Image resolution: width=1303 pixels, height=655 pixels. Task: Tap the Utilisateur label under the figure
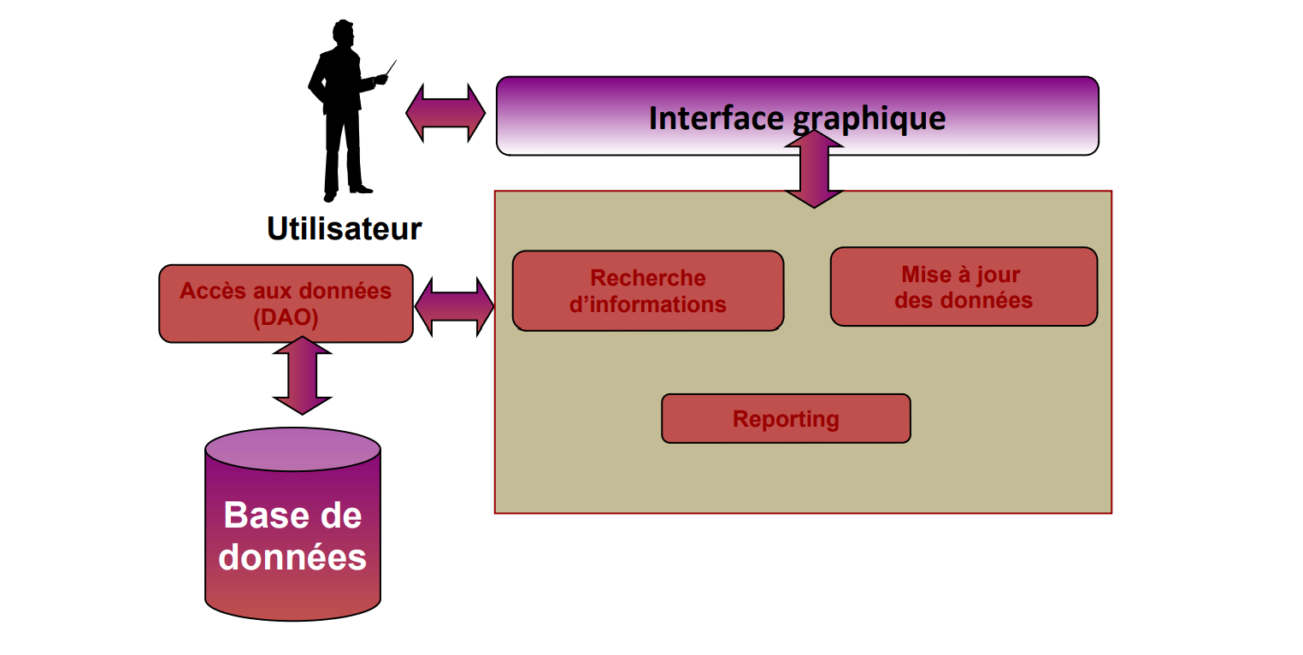tap(344, 228)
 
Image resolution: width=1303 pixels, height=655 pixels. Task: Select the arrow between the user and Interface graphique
tap(445, 113)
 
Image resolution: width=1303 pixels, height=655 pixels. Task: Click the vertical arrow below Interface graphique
tap(814, 169)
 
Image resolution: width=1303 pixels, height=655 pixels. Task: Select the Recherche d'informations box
tap(647, 291)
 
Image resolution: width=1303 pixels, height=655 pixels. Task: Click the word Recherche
tap(647, 278)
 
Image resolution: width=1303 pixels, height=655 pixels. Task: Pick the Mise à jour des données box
tap(963, 287)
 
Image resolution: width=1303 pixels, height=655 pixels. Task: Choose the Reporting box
tap(785, 419)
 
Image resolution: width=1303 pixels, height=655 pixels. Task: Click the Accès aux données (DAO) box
tap(286, 304)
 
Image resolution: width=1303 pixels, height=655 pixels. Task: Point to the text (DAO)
tap(286, 318)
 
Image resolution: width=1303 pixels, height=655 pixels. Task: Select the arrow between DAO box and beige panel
tap(454, 306)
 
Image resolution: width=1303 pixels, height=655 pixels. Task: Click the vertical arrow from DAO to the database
tap(302, 375)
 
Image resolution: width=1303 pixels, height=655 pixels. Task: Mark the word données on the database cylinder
tap(292, 557)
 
